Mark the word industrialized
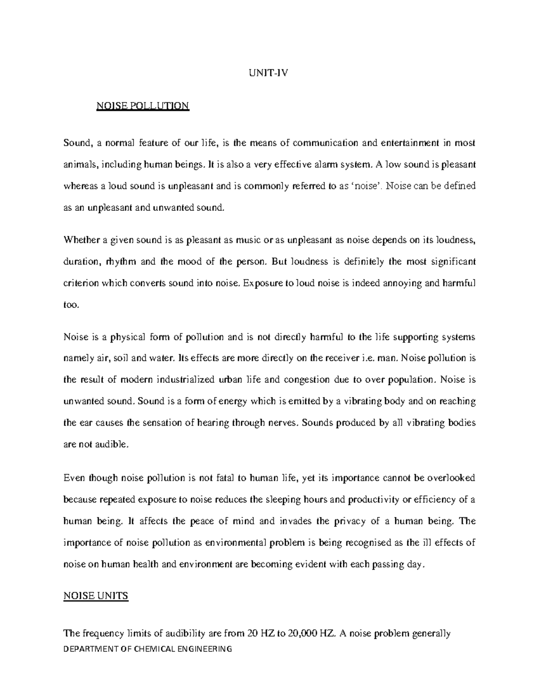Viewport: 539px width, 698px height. point(186,380)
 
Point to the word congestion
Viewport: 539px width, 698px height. point(305,380)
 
